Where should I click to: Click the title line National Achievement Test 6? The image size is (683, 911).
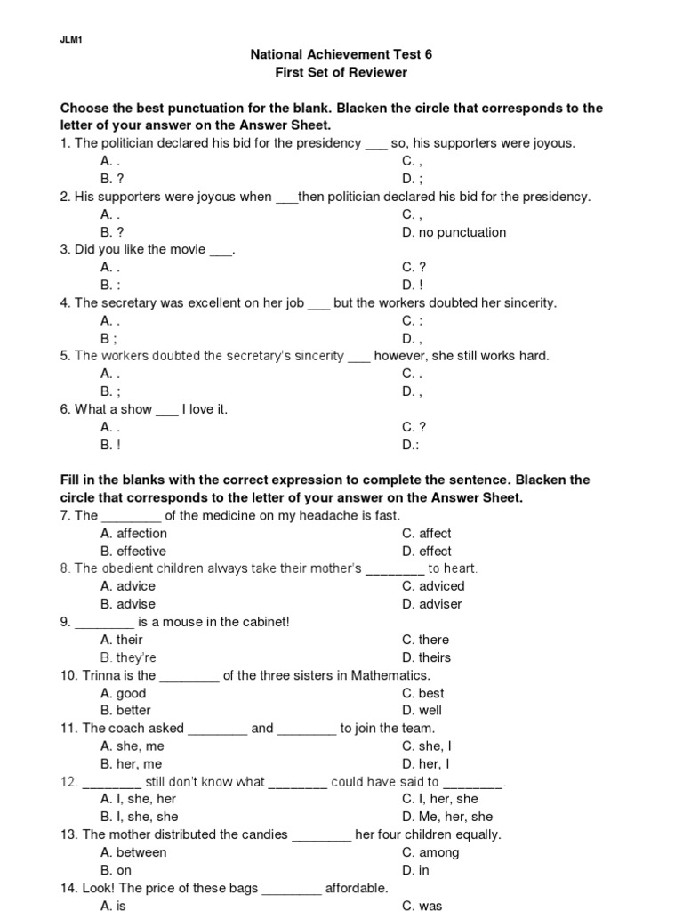tap(341, 54)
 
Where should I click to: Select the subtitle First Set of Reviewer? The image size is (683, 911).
tap(341, 72)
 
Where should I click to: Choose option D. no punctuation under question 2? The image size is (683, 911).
tap(454, 232)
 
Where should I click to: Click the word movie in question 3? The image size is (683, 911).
tap(186, 250)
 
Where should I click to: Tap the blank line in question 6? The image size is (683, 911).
tap(167, 410)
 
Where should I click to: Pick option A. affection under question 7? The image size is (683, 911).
tap(134, 534)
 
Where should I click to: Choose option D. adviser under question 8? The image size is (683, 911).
tap(431, 604)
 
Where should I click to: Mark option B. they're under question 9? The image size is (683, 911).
tap(129, 657)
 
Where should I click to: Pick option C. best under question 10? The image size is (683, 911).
tap(423, 693)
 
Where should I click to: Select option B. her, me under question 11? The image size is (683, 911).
tap(132, 763)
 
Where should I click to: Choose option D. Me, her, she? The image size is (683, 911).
tap(447, 817)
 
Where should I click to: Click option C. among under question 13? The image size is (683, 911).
tap(430, 852)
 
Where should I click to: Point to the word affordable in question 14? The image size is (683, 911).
tap(357, 888)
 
